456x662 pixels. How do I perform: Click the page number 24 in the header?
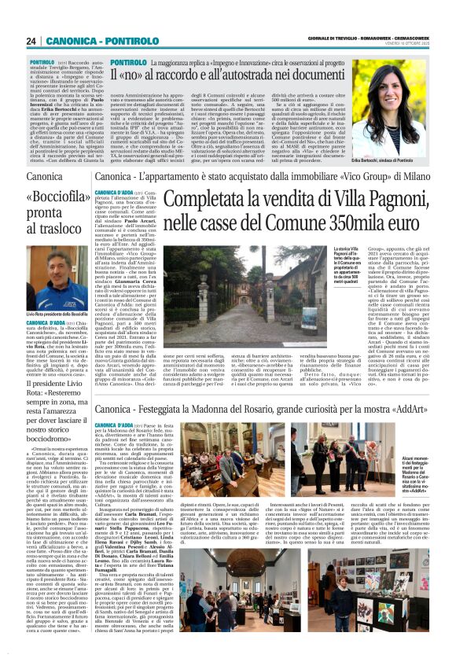[x=31, y=41]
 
